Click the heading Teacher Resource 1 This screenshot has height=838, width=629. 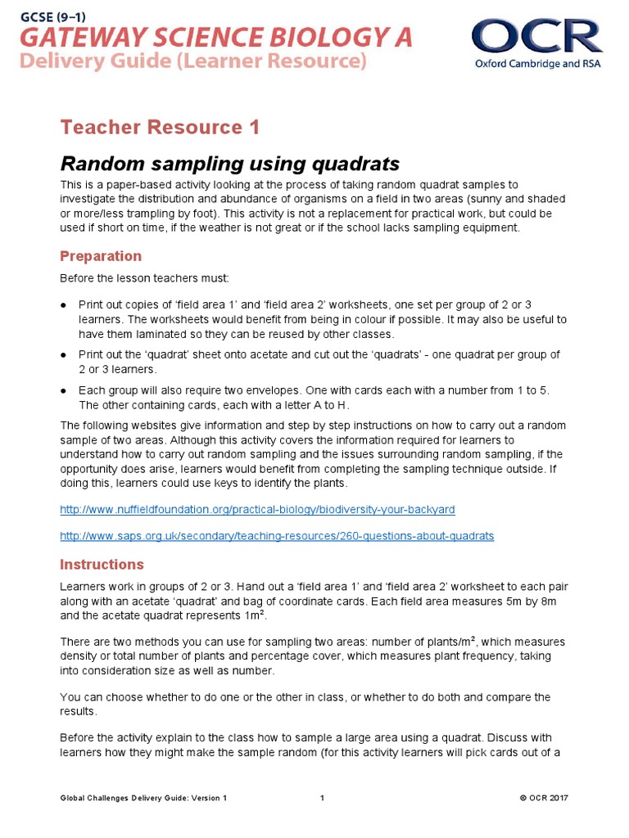click(x=160, y=127)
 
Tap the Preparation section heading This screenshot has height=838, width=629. click(x=101, y=256)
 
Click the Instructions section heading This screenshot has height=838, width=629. click(x=102, y=565)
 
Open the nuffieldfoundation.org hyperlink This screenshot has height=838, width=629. click(x=257, y=510)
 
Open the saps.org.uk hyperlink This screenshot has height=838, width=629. click(x=277, y=536)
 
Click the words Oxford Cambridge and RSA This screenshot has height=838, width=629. click(x=536, y=65)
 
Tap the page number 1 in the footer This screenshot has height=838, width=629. click(x=323, y=798)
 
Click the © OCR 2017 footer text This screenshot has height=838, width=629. click(x=544, y=798)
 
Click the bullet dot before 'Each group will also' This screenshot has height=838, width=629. click(x=64, y=391)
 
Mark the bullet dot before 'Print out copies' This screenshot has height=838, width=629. click(x=64, y=304)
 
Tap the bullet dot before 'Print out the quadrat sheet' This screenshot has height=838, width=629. click(x=64, y=355)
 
